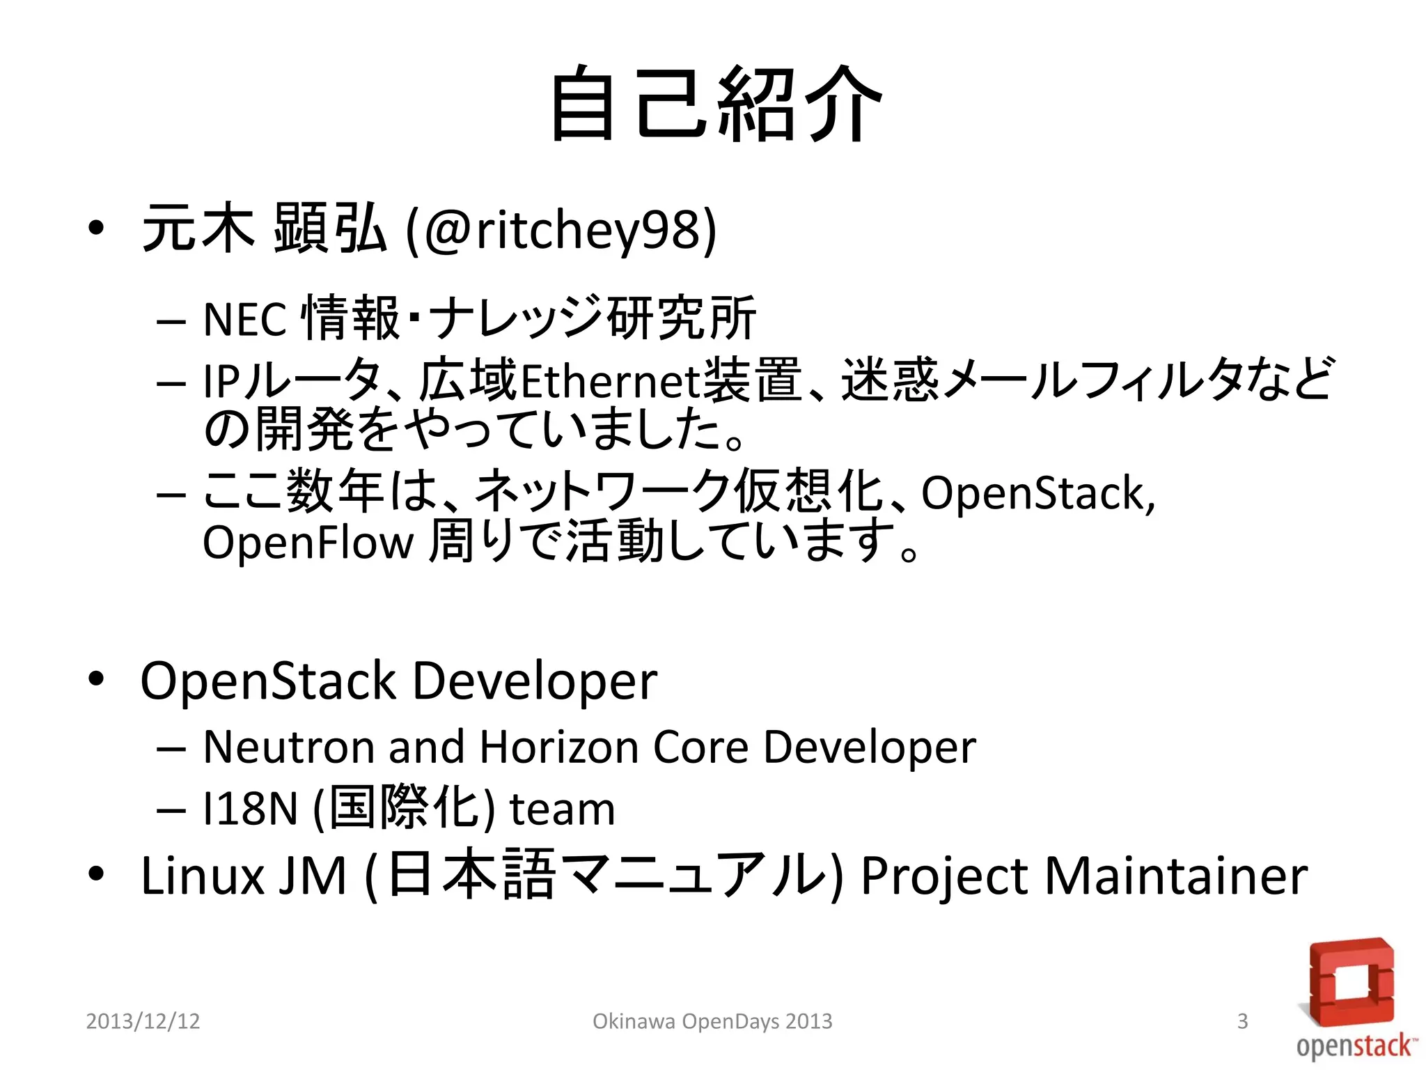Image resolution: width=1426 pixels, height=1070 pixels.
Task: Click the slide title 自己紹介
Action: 716,104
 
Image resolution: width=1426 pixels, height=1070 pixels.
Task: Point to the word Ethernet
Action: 610,382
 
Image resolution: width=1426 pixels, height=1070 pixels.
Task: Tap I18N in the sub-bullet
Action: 250,809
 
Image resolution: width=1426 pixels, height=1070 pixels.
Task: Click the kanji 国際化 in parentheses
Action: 405,808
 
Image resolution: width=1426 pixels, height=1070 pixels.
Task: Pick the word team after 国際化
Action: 563,810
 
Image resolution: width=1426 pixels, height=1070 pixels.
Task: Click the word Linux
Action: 202,876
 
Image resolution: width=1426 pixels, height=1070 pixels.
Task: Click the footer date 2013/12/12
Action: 143,1021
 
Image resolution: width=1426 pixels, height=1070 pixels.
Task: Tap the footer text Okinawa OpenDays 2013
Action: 712,1021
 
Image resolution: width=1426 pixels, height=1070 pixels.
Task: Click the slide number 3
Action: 1242,1021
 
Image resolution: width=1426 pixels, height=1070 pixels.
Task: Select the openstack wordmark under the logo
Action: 1355,1046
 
